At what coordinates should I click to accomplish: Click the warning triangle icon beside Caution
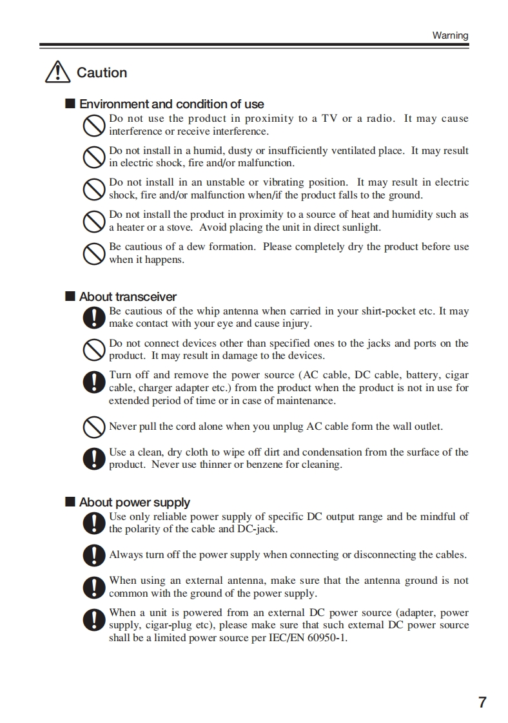coord(58,72)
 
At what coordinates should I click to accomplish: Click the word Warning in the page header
coord(450,35)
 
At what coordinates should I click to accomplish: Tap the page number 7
coord(482,702)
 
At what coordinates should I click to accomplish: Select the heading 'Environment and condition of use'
coord(171,104)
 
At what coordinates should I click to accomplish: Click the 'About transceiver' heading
coord(128,296)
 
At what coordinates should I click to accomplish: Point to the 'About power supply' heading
coord(135,502)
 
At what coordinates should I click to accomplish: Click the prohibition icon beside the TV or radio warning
coord(94,125)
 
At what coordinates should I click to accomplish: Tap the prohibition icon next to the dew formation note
coord(94,253)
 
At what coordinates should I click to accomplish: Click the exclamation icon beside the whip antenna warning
coord(94,317)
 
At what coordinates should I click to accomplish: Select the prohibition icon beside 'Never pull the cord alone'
coord(94,427)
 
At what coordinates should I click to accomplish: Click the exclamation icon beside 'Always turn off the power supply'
coord(94,555)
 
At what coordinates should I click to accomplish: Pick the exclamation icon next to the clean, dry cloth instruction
coord(94,458)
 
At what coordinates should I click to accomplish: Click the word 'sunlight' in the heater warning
coord(360,227)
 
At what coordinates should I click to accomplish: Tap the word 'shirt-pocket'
coord(386,311)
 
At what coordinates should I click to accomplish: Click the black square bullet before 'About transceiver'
coord(70,296)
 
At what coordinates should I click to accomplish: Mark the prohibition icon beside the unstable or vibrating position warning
coord(94,189)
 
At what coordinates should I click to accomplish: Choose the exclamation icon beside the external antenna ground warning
coord(94,587)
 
